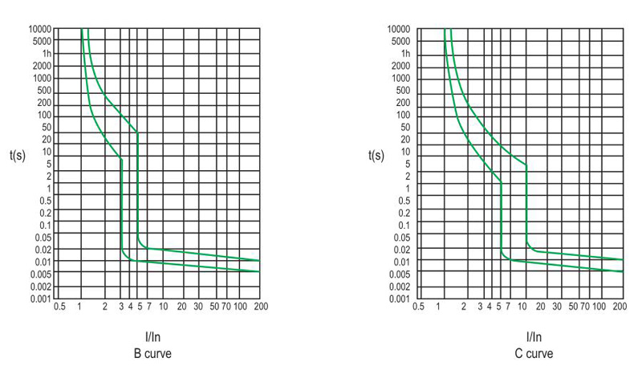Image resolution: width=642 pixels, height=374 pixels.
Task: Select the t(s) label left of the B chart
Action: (16, 155)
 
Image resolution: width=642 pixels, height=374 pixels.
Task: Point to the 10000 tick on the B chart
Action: (40, 29)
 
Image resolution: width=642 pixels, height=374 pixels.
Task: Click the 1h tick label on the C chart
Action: (405, 53)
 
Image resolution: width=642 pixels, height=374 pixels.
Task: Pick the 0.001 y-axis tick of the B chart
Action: (40, 299)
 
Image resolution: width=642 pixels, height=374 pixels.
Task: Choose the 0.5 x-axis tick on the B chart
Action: (59, 307)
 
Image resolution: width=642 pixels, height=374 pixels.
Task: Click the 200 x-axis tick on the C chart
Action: (619, 307)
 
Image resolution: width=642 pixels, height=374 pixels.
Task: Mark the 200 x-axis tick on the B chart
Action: (260, 307)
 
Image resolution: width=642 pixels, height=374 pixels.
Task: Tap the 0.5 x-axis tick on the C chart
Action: (417, 307)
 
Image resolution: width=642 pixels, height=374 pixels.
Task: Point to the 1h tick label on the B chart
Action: (46, 53)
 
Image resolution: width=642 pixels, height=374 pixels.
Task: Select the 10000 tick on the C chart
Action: (399, 29)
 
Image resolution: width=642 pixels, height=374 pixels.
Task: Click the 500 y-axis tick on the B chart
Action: (44, 90)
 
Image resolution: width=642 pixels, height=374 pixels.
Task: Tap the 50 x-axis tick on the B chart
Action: (213, 307)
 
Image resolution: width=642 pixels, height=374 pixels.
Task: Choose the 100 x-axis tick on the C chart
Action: (599, 307)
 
